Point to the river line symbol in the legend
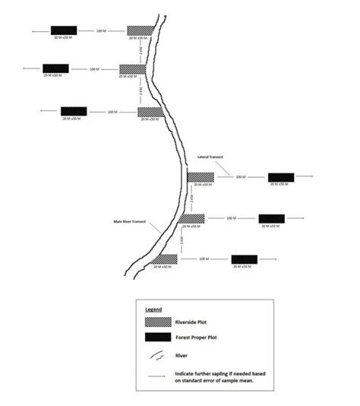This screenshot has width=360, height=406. (158, 354)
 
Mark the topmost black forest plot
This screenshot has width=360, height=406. (64, 30)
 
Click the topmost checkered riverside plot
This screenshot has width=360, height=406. (140, 30)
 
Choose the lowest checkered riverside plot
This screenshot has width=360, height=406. (163, 259)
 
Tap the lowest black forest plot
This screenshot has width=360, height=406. (244, 259)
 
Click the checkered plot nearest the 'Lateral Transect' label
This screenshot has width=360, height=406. (201, 177)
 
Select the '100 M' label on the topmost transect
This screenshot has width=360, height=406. (101, 31)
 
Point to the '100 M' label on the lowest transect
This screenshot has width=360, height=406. (204, 260)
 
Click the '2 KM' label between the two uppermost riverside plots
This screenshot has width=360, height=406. (140, 50)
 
